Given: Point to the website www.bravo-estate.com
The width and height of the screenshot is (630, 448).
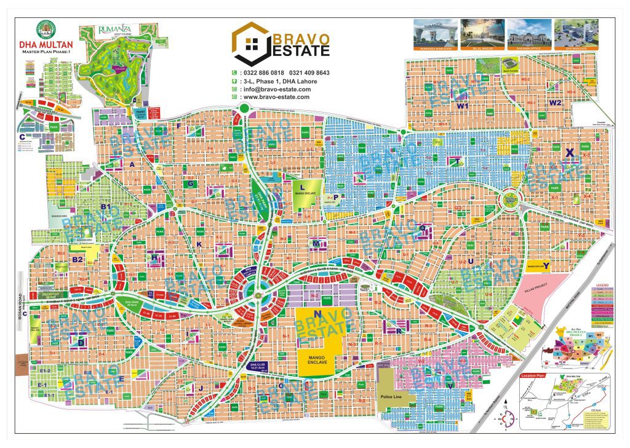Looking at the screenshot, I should coord(276,97).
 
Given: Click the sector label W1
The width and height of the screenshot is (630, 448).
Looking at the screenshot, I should coord(463,106).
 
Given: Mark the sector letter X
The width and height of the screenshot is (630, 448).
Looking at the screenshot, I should coord(570,152).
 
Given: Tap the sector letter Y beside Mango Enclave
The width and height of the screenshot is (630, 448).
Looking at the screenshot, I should coord(546,266).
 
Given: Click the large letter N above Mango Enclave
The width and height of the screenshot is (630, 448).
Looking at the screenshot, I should coord(317,314).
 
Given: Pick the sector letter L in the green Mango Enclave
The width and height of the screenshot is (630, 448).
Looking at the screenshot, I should coord(302,186).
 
